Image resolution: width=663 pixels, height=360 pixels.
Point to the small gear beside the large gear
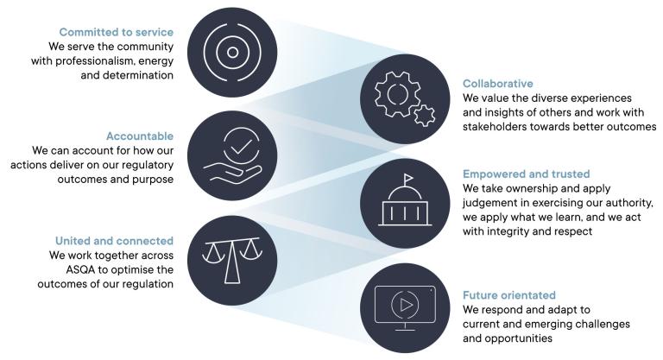424,114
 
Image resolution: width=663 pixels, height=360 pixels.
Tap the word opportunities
526,339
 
